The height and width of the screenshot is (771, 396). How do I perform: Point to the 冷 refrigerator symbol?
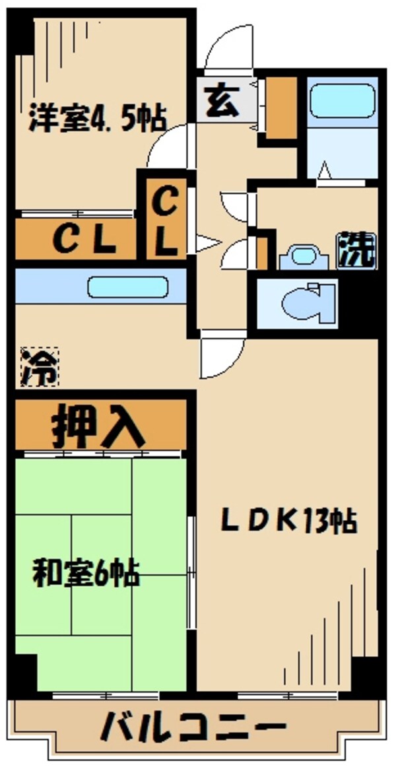(38, 367)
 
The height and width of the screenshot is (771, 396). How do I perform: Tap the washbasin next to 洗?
(304, 256)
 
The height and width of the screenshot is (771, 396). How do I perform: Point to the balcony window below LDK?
(287, 695)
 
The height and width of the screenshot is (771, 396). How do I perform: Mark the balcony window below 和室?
(106, 695)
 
